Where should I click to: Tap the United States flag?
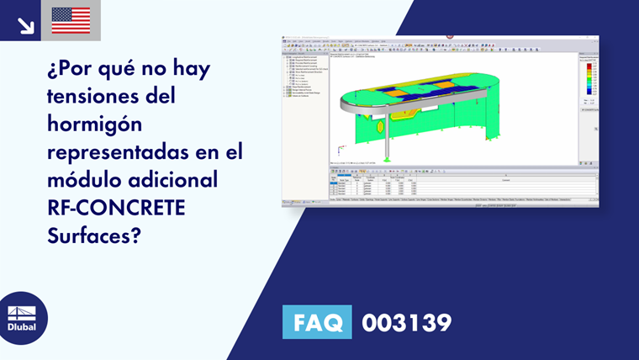pyautogui.click(x=71, y=20)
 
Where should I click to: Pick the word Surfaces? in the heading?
pyautogui.click(x=94, y=236)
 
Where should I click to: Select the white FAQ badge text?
pyautogui.click(x=317, y=322)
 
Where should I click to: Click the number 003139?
pyautogui.click(x=406, y=322)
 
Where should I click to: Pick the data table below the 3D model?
pyautogui.click(x=462, y=187)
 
